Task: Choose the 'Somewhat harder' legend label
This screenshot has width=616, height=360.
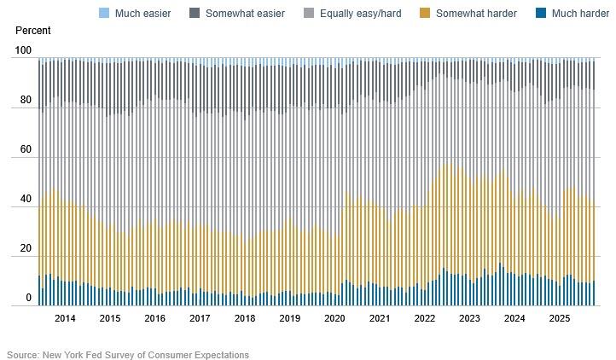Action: point(476,14)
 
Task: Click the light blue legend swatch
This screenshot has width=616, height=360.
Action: point(105,14)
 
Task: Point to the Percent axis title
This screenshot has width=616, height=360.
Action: point(33,31)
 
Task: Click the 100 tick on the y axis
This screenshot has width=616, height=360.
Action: point(24,51)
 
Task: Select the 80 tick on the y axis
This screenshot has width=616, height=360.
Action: point(26,101)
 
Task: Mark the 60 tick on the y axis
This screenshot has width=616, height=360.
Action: point(26,150)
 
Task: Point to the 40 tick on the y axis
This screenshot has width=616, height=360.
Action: point(26,200)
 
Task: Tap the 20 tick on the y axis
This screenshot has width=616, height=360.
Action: point(26,249)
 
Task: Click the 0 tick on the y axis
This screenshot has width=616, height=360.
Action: point(29,298)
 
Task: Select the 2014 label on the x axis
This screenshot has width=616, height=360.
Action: point(65,318)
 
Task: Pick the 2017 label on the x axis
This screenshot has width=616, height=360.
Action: point(200,318)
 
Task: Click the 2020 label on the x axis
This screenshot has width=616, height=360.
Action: point(334,318)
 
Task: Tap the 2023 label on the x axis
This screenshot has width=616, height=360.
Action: point(469,318)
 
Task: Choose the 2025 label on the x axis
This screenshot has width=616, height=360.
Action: point(559,318)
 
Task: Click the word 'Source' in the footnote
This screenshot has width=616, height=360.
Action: point(24,354)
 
